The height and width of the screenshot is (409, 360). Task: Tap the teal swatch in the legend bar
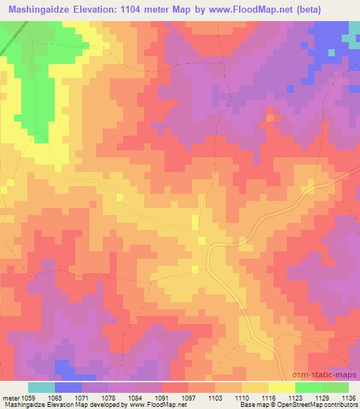(x=41, y=387)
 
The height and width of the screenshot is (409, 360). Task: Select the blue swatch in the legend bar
(x=68, y=387)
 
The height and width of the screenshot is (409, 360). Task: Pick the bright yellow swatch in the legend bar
(x=282, y=387)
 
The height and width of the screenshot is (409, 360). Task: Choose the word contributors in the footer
(x=342, y=405)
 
